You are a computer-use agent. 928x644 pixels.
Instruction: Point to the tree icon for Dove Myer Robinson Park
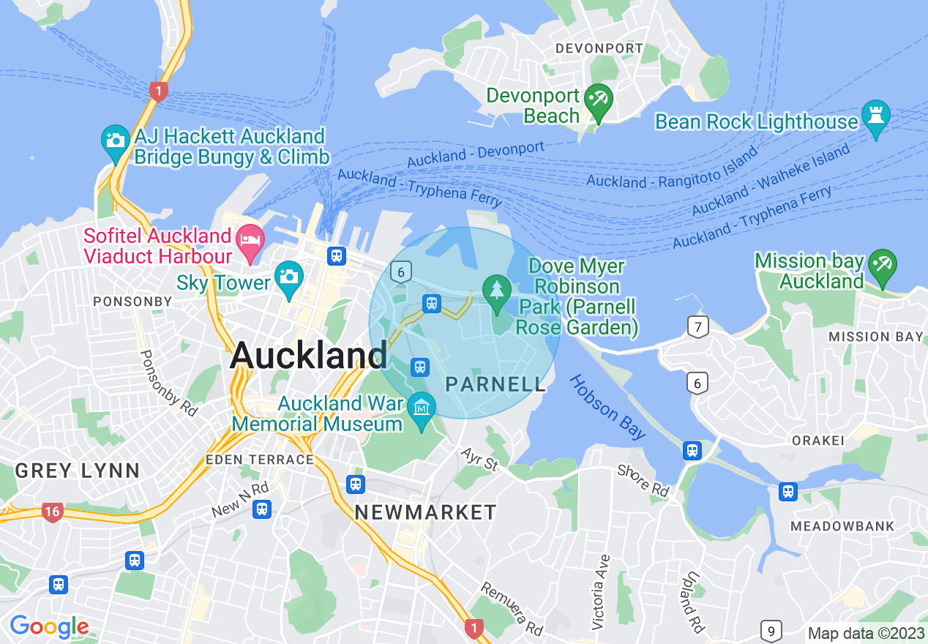pos(497,291)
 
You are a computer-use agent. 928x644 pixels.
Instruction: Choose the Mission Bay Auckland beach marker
pos(882,266)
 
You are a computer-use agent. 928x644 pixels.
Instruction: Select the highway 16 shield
pos(52,511)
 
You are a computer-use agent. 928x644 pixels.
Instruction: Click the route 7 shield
pos(698,326)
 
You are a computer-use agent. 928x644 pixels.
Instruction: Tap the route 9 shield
pos(771,631)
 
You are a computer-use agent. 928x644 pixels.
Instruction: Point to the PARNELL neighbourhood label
pos(495,384)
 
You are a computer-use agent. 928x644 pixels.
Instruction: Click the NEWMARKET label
pos(425,512)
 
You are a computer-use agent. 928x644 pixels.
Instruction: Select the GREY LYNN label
pos(77,471)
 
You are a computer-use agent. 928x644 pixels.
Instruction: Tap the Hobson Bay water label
pos(607,406)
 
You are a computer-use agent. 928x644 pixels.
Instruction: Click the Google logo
pos(49,626)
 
